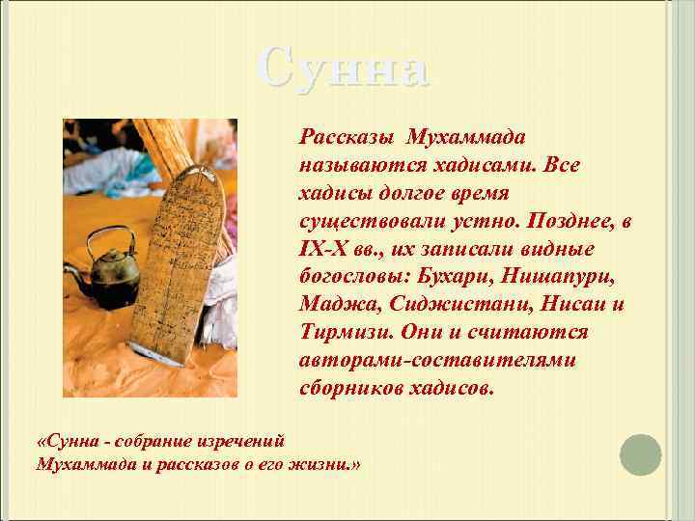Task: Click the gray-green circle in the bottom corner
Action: tap(640, 454)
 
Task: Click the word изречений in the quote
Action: tap(241, 441)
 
